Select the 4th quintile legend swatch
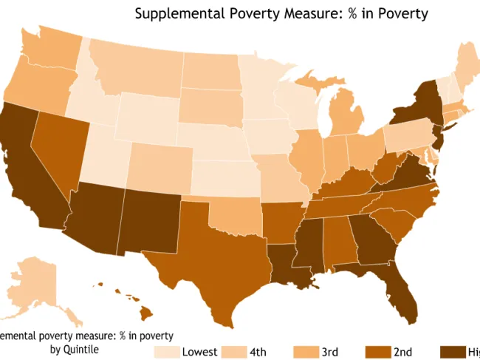235,351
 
